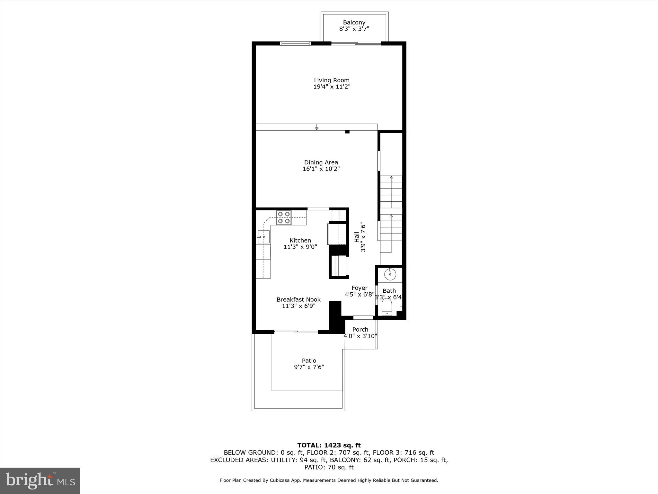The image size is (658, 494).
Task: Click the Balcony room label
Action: (x=354, y=23)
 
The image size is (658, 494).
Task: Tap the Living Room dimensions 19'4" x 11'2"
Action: (x=332, y=87)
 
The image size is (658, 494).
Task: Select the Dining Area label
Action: (x=321, y=162)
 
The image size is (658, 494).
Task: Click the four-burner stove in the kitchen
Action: (x=284, y=217)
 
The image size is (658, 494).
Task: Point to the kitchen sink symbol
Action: (x=263, y=237)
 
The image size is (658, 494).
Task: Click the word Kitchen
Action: (x=300, y=240)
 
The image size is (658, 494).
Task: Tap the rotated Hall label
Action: (x=357, y=237)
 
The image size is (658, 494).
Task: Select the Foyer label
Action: (x=359, y=288)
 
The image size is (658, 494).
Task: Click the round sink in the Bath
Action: (x=390, y=274)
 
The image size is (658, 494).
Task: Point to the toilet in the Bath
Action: (x=387, y=307)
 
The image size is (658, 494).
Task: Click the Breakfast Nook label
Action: (x=298, y=299)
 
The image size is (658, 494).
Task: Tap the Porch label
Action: (x=360, y=329)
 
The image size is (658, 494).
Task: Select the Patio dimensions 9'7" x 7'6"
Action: (x=309, y=367)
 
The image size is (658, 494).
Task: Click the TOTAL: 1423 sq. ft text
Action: (x=329, y=445)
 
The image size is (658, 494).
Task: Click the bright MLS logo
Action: (x=40, y=480)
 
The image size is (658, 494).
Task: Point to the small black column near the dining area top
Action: (x=347, y=132)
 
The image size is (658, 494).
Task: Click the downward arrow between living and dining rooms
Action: (x=316, y=128)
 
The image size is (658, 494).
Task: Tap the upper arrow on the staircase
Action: (x=391, y=178)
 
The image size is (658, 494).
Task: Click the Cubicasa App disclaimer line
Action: (x=329, y=480)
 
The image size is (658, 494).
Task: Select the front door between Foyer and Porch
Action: (x=363, y=318)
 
